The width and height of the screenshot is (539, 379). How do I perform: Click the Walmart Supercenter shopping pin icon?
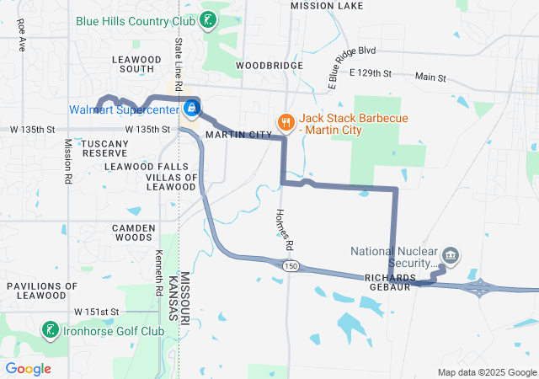pyautogui.click(x=192, y=109)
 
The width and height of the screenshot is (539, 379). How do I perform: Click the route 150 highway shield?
pyautogui.click(x=291, y=266)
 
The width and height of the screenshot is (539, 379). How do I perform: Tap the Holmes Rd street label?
pyautogui.click(x=284, y=229)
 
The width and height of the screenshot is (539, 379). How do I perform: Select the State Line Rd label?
pyautogui.click(x=179, y=64)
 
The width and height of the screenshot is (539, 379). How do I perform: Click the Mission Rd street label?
pyautogui.click(x=67, y=161)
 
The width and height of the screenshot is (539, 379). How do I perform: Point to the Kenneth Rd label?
pyautogui.click(x=158, y=272)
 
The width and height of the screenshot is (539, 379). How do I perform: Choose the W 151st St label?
pyautogui.click(x=96, y=312)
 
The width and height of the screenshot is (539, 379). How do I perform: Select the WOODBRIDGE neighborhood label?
pyautogui.click(x=269, y=65)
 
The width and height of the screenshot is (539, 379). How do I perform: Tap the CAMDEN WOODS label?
pyautogui.click(x=134, y=232)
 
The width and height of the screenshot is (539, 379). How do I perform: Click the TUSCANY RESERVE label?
pyautogui.click(x=104, y=148)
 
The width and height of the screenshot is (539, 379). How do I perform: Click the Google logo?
pyautogui.click(x=29, y=369)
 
